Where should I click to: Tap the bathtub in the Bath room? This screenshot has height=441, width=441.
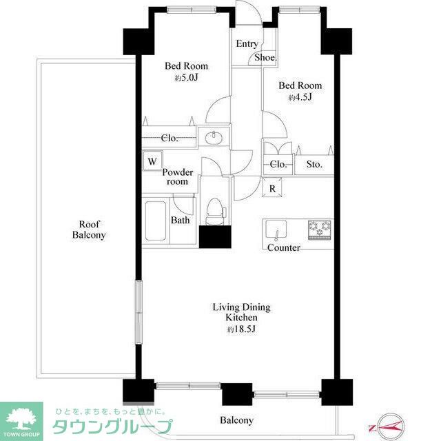click(155, 220)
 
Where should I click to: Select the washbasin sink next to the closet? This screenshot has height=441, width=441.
click(214, 138)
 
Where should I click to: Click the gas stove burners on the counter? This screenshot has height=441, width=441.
click(320, 229)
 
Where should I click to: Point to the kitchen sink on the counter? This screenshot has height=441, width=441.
click(276, 230)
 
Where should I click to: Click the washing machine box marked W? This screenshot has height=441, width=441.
click(152, 161)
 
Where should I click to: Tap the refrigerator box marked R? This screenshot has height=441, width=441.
click(272, 187)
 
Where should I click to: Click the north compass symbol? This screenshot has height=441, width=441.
click(389, 427)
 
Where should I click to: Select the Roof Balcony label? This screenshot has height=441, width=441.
click(89, 229)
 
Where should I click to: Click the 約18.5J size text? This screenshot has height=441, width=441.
click(241, 329)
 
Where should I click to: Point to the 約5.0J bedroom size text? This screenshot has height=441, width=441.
click(186, 78)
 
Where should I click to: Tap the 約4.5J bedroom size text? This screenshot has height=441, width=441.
click(300, 97)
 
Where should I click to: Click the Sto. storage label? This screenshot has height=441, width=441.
click(314, 164)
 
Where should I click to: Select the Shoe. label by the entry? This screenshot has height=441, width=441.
click(266, 58)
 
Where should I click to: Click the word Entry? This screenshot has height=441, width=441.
click(247, 44)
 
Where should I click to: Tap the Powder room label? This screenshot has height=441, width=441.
click(178, 177)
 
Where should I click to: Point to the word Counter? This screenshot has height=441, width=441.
click(283, 248)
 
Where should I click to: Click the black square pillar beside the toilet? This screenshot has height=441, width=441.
click(215, 236)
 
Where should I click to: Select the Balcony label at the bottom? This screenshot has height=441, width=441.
click(236, 420)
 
